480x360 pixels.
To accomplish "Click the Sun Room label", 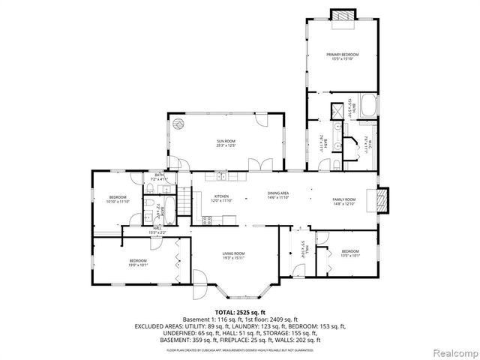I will point(226,142).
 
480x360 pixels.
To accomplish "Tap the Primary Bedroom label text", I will point(342,57).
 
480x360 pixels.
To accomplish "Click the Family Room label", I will point(343,199).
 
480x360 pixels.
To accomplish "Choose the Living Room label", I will point(233,256).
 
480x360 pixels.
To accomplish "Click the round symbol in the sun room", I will point(178,124).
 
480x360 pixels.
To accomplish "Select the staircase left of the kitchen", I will point(185,201).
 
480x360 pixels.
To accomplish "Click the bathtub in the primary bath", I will point(368,106).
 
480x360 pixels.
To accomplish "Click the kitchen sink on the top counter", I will point(222,177).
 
